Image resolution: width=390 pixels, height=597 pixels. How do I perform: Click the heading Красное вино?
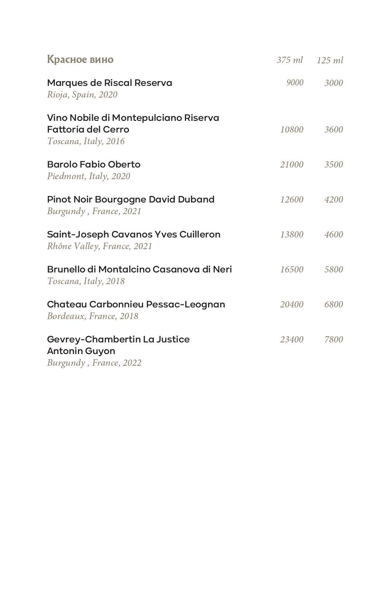point(80,59)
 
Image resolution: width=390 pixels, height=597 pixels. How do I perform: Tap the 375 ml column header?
point(289,60)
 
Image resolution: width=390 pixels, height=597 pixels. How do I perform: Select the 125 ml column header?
point(330,60)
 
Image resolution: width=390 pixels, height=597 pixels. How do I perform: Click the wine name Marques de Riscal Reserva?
point(110,83)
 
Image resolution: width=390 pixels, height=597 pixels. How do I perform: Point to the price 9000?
point(294,83)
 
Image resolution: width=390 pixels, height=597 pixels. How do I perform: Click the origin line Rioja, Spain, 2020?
point(82,94)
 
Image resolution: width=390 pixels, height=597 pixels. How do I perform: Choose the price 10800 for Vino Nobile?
point(292,129)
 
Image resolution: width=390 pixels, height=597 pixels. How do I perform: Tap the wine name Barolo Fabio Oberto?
point(94,164)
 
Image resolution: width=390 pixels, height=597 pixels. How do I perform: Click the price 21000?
point(292,164)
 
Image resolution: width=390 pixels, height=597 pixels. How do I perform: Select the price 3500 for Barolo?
point(334,164)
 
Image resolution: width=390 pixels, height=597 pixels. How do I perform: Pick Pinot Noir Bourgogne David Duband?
point(131,199)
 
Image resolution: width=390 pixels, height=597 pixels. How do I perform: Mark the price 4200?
point(334,199)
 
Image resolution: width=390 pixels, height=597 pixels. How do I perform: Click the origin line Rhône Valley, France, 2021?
point(99,246)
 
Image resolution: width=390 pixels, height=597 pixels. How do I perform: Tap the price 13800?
point(292,234)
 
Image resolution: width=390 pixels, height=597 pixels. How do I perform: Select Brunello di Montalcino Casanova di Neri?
point(139,269)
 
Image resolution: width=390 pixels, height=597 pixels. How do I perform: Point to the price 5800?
point(334,269)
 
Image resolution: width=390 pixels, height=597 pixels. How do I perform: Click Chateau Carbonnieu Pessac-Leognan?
point(136,304)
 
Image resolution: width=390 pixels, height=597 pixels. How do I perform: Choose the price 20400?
point(292,304)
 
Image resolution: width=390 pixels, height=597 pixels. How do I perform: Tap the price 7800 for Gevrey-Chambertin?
point(334,339)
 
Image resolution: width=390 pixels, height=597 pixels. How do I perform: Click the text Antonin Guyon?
point(81,351)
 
